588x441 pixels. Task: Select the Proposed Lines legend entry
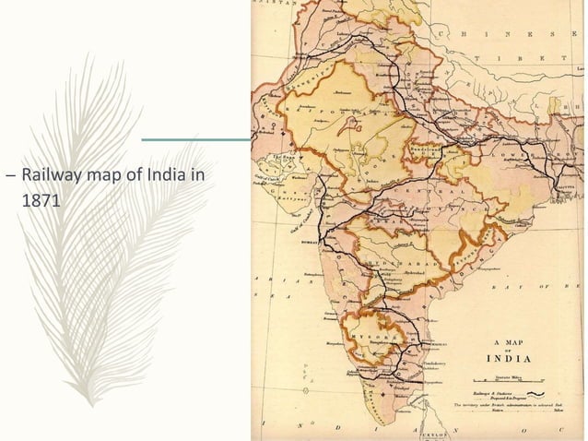pyautogui.click(x=502, y=398)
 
